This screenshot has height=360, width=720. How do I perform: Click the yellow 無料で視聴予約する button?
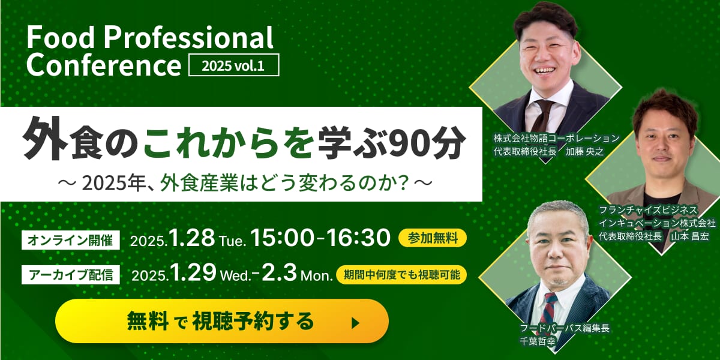tap(222, 321)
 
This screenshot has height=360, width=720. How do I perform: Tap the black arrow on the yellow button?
tap(355, 323)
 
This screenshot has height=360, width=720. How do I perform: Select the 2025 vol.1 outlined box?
tap(233, 65)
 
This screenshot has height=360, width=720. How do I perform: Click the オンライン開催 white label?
tap(71, 240)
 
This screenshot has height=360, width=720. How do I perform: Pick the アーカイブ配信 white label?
tap(71, 275)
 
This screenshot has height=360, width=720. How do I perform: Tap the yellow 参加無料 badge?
tap(433, 238)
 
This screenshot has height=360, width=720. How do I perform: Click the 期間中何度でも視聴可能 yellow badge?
tap(401, 275)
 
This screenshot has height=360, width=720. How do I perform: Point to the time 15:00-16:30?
tap(320, 238)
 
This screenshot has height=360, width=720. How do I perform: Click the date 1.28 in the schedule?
tap(192, 238)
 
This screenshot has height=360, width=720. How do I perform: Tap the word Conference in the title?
tap(104, 65)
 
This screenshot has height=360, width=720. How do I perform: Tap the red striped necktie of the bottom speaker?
tap(548, 309)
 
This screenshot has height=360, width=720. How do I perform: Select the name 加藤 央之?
tap(584, 151)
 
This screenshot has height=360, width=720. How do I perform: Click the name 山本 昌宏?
tap(690, 236)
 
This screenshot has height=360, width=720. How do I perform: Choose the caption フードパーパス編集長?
tap(565, 328)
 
